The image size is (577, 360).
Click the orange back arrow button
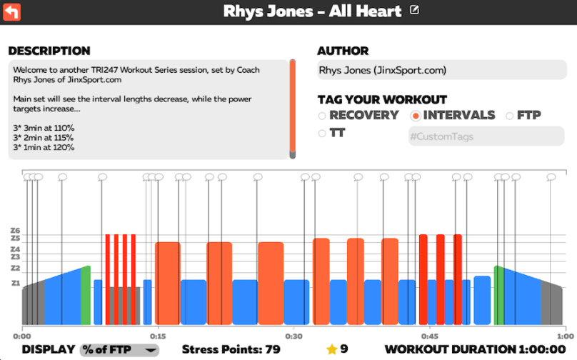(x=12, y=11)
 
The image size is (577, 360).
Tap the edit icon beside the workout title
(x=416, y=11)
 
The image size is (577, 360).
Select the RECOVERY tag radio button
(x=322, y=116)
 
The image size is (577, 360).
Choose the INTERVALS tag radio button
(x=416, y=116)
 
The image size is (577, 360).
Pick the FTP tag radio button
(x=509, y=116)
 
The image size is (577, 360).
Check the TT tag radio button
(x=322, y=134)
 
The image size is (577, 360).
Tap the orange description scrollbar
(x=292, y=107)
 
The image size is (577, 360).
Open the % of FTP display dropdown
(x=119, y=349)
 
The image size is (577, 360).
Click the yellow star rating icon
(x=331, y=349)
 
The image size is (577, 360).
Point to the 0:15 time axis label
(x=158, y=336)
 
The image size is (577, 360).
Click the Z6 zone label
(x=16, y=230)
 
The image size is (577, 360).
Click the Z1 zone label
(x=16, y=284)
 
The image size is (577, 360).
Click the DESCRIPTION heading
(x=49, y=51)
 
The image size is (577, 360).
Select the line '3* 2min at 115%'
(x=44, y=137)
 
